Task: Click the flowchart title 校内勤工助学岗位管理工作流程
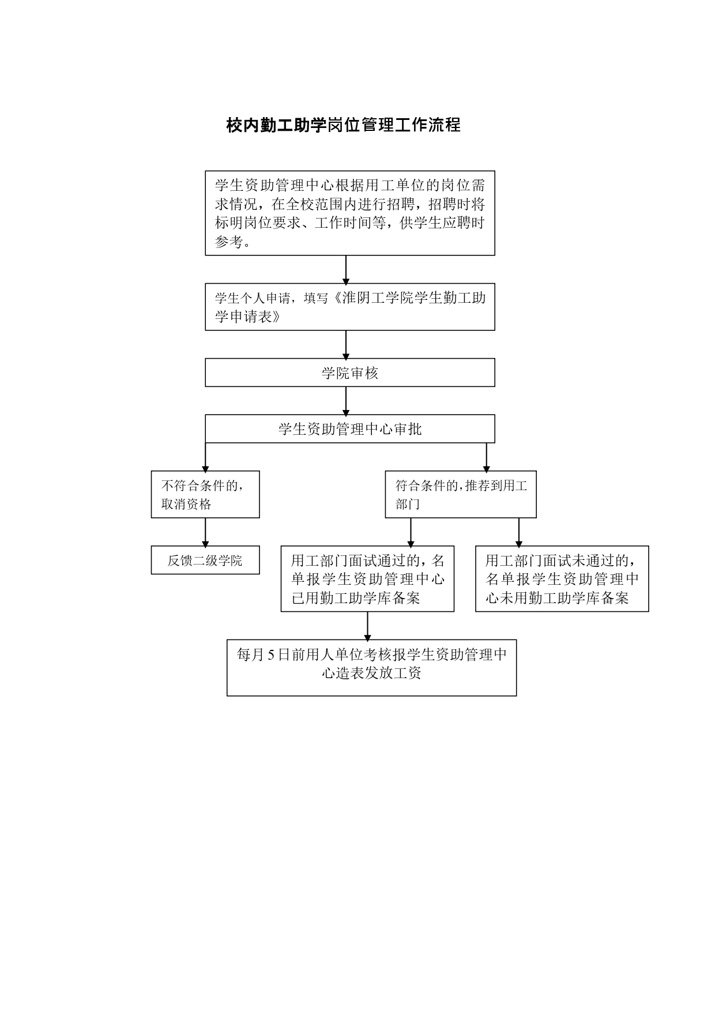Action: tap(344, 125)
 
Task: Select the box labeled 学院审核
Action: tap(349, 373)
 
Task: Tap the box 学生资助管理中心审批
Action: tap(349, 428)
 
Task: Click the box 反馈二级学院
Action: tap(205, 560)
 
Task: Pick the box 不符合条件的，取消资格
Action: tap(205, 494)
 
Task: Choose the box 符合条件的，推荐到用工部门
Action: tap(460, 494)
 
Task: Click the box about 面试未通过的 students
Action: tap(562, 578)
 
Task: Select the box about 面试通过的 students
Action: tap(367, 578)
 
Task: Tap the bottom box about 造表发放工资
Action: tap(371, 667)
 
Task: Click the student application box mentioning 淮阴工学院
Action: tap(349, 306)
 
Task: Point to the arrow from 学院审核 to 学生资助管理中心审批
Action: tap(346, 401)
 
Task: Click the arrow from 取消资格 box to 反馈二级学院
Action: tap(205, 532)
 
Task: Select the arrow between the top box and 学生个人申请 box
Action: tap(346, 269)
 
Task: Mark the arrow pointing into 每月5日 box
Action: tap(367, 626)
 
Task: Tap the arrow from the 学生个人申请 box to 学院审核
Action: tap(346, 344)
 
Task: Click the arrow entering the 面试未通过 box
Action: tap(519, 532)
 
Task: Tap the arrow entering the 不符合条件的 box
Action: tap(205, 457)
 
